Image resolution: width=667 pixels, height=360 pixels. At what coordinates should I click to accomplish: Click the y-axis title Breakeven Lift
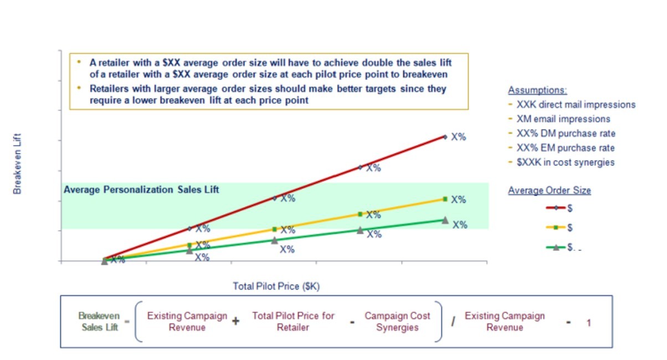point(17,166)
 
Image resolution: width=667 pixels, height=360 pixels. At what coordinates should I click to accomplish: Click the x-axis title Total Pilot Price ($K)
point(276,286)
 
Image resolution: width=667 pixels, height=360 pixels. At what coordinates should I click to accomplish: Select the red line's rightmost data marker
point(445,136)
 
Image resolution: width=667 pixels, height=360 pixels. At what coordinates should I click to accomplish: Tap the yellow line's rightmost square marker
point(445,199)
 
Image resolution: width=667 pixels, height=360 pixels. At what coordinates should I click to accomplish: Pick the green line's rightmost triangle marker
point(445,220)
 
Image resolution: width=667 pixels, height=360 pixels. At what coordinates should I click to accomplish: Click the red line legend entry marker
point(556,208)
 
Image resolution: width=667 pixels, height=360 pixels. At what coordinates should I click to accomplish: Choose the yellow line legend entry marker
point(556,228)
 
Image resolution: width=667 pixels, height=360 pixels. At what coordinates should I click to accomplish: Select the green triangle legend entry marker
point(556,247)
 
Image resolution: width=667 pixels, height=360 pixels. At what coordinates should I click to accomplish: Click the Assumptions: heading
point(537,90)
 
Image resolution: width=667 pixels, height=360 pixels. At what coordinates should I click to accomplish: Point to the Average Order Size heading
point(549,191)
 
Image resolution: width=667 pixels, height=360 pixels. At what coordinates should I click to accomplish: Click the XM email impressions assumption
point(563,119)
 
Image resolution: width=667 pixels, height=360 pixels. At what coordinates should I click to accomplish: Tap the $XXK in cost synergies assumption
point(565,162)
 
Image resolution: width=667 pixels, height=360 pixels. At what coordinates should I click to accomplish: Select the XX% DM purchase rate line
point(565,133)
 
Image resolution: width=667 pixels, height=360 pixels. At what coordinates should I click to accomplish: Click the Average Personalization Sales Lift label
point(141,189)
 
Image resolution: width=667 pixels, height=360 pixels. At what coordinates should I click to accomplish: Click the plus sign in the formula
point(235,321)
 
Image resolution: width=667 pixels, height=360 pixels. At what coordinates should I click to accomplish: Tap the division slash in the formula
point(453,321)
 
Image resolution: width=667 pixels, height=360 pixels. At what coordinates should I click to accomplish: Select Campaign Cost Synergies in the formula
point(397,321)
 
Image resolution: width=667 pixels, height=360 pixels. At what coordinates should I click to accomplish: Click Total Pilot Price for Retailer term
point(294,321)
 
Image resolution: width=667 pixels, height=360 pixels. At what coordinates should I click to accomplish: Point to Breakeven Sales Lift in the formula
point(99,321)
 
